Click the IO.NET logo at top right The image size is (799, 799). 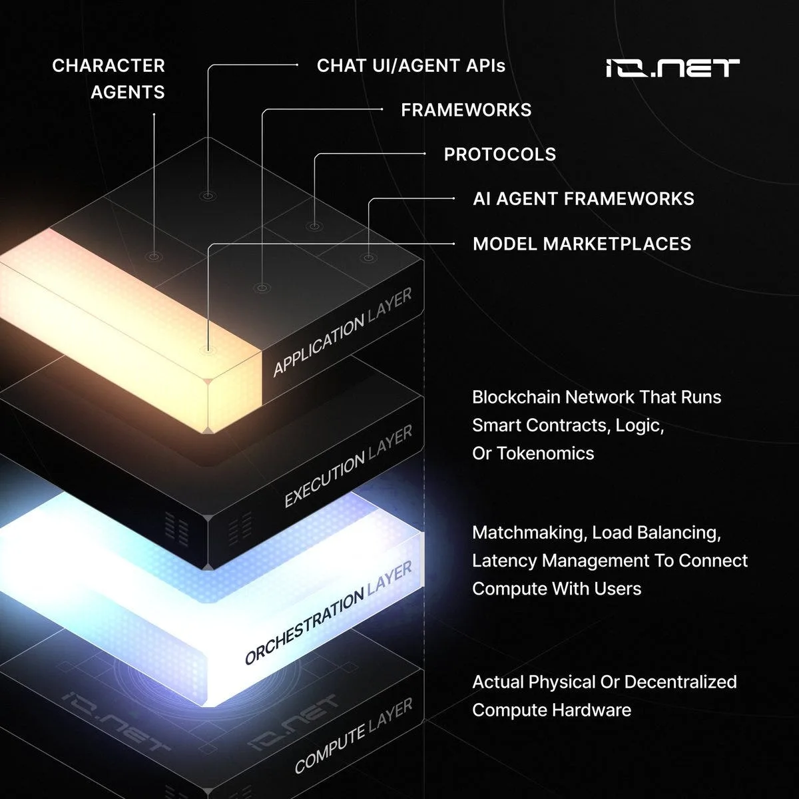coord(672,68)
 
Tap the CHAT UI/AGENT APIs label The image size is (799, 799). coord(411,65)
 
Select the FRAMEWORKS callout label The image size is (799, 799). coord(466,110)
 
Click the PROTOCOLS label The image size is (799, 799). coord(499,154)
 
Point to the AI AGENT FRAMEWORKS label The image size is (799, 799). coord(583,198)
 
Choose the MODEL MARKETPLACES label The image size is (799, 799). coord(582,244)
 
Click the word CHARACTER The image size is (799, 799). coord(109,65)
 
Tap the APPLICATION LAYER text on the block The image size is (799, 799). coord(342,332)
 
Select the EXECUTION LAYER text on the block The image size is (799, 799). coord(348,466)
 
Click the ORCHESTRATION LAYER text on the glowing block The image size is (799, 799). coord(328,613)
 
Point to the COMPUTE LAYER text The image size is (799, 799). coord(354,735)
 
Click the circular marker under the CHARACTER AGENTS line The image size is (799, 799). coord(154,256)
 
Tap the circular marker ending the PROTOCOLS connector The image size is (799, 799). coord(314,226)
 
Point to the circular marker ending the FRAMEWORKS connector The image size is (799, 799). coord(262,288)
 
